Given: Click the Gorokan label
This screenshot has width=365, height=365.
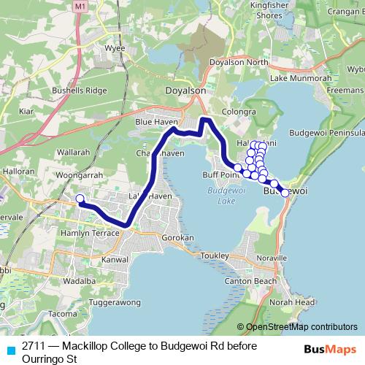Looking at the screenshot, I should [x=178, y=239].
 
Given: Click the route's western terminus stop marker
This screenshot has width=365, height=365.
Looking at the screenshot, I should [x=80, y=198].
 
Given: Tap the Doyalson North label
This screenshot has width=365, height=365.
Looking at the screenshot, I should [x=239, y=63].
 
